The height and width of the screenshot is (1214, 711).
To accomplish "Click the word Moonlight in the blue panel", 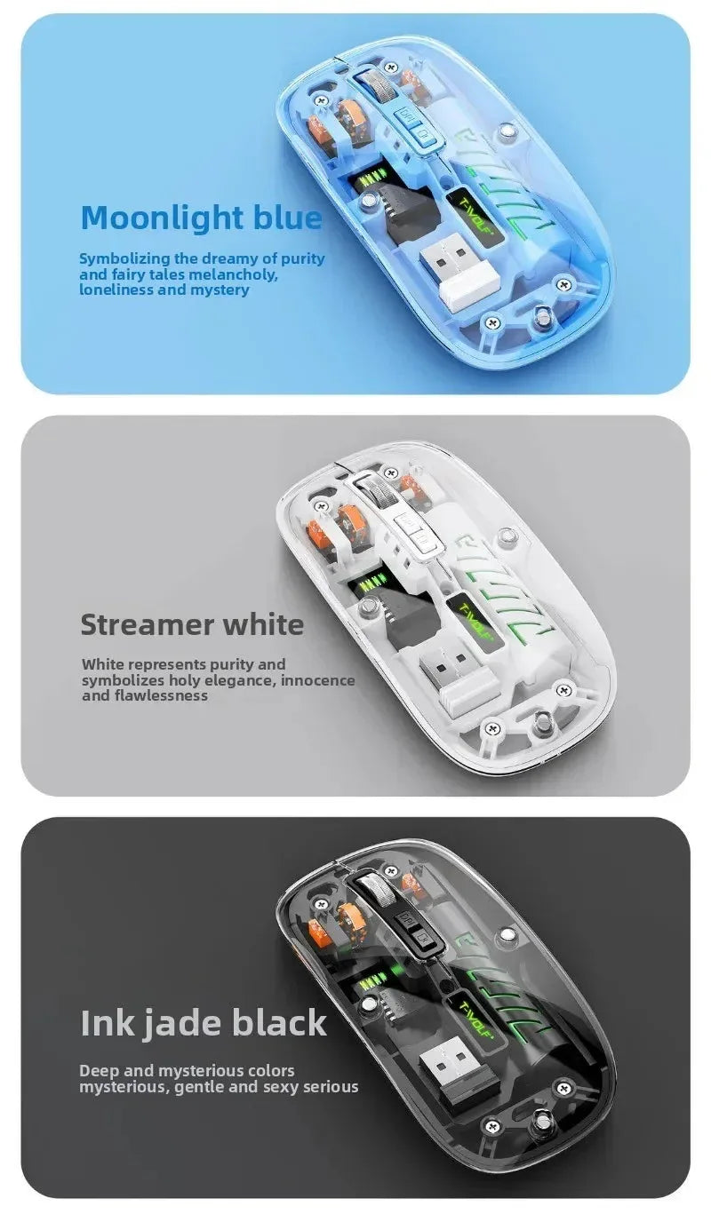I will click(148, 217).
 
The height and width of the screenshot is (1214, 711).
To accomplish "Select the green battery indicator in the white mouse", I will click(368, 584).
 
